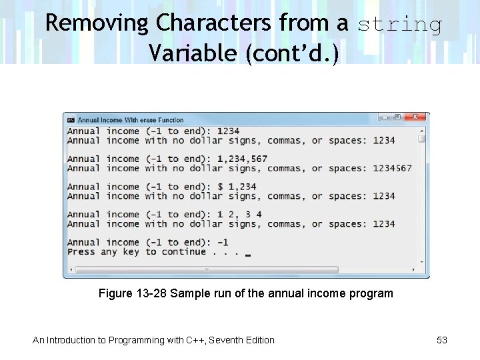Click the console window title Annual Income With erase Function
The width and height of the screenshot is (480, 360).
pos(130,120)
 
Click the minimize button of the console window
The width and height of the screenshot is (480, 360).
pos(385,117)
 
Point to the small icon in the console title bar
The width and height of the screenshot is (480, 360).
pos(71,120)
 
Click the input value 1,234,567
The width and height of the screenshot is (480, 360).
pos(242,159)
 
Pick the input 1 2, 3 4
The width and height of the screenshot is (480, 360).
pos(239,215)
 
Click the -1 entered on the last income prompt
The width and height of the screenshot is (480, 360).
pos(223,243)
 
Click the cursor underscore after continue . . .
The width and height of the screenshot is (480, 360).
pos(248,255)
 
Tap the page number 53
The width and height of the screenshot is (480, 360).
pos(442,340)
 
